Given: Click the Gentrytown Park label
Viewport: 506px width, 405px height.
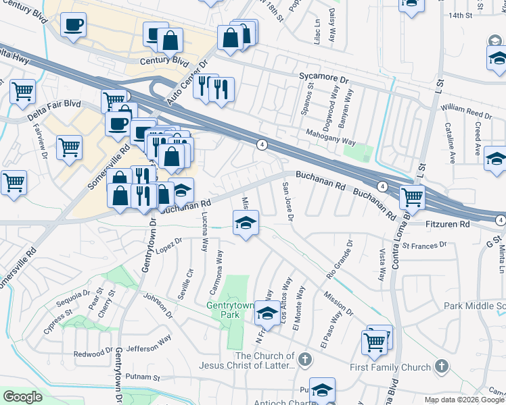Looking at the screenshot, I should coord(230,310).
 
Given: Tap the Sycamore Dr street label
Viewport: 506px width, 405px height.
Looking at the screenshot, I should coord(323,78).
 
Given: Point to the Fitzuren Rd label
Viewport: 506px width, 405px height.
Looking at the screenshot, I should coord(448,223).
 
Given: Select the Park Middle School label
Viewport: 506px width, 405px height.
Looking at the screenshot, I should coord(474,306).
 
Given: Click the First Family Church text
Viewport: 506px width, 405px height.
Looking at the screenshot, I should coord(390,367).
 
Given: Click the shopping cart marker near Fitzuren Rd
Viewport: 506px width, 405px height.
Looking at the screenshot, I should coord(412,197).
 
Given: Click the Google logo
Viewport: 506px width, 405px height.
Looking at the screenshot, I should coord(22,396).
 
